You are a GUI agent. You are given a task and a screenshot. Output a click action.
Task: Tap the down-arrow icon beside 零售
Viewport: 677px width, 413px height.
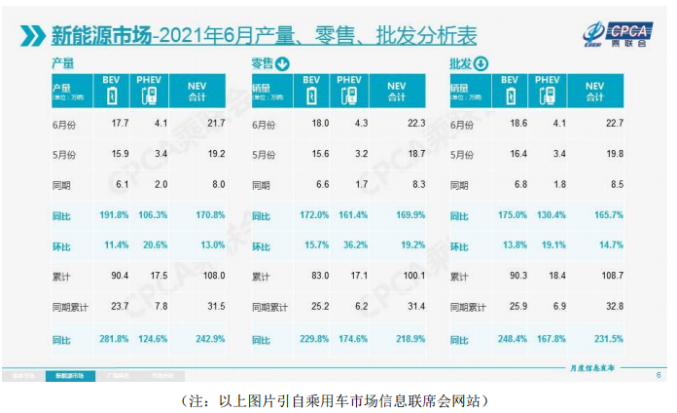[283, 65]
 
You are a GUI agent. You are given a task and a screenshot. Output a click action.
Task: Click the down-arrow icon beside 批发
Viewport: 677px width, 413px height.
[481, 65]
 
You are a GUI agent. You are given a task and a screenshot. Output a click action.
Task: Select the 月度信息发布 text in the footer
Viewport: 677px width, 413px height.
[594, 368]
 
